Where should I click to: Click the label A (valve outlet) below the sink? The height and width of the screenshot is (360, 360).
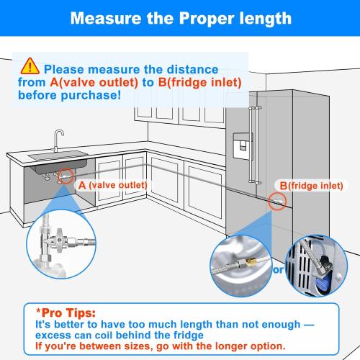(x=112, y=185)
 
